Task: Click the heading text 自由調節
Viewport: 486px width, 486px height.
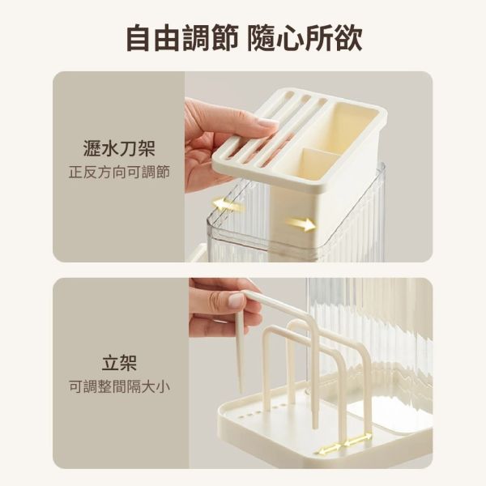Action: tap(182, 38)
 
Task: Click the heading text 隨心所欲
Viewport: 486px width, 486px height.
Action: tap(305, 38)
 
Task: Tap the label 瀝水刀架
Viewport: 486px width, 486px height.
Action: tap(119, 148)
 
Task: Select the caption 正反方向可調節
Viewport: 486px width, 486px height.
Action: tap(119, 173)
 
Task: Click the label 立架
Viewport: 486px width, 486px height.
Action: tap(119, 362)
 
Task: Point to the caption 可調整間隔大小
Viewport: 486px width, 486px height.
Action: tap(119, 386)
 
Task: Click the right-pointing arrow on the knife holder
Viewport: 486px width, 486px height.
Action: tap(301, 224)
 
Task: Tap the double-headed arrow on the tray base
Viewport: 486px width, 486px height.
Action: tap(343, 444)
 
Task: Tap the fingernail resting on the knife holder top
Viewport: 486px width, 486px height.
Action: tap(268, 123)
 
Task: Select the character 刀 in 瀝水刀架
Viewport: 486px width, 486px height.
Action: tap(128, 148)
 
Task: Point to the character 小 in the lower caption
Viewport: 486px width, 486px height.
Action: tap(163, 386)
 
